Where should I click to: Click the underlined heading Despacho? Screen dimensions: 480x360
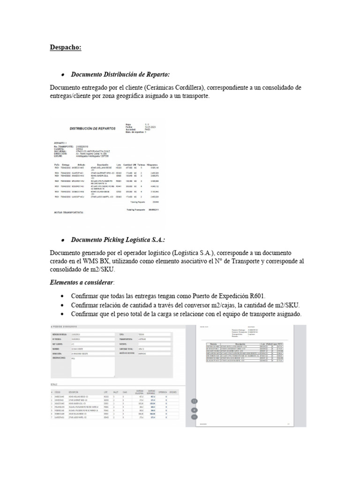click(x=65, y=47)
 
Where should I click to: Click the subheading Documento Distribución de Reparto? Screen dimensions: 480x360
click(x=120, y=75)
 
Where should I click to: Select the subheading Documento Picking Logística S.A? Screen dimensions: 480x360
click(x=118, y=240)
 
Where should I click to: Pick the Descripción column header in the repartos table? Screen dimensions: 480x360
click(x=103, y=165)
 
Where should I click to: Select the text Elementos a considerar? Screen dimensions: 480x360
click(x=81, y=283)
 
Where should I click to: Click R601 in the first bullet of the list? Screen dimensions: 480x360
click(x=256, y=296)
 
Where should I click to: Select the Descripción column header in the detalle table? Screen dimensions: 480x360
click(x=74, y=392)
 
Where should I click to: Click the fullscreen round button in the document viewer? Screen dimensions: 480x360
click(x=194, y=401)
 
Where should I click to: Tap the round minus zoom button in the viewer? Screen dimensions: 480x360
click(x=194, y=416)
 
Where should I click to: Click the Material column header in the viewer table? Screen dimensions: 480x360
click(x=213, y=344)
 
